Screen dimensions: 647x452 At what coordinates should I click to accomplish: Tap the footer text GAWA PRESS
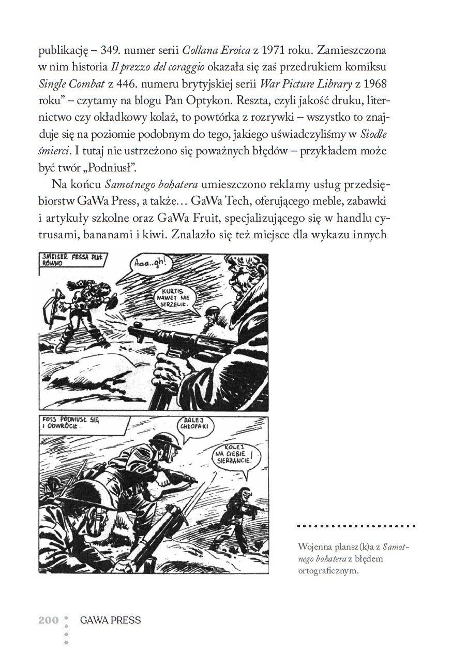coord(110,620)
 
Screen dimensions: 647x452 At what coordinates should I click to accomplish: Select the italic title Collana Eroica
coord(214,51)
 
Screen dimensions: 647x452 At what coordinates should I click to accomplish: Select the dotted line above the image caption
coord(356,526)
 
